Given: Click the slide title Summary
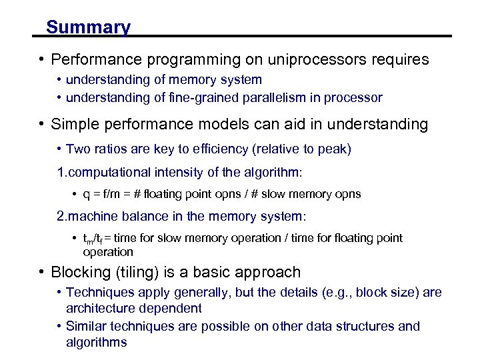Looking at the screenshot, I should [x=88, y=27].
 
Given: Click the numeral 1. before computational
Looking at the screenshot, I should [x=62, y=173].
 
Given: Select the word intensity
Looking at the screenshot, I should [x=175, y=173].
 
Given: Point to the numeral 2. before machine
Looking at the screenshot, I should [x=62, y=217].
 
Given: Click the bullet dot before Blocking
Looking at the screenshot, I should [x=41, y=272].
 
